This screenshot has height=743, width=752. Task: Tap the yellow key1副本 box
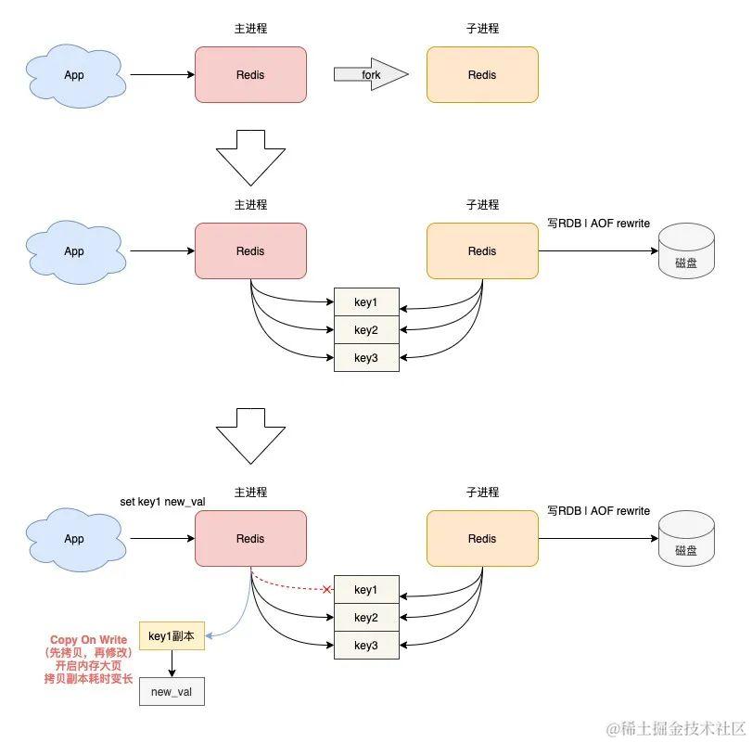[x=172, y=635]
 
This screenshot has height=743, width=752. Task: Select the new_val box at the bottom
[x=172, y=692]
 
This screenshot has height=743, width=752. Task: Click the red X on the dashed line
[x=327, y=589]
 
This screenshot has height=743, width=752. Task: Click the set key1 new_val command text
[x=162, y=502]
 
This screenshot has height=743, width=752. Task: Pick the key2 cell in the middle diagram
[x=366, y=330]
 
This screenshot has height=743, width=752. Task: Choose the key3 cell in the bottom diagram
[x=366, y=646]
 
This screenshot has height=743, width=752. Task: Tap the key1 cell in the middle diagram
[x=366, y=302]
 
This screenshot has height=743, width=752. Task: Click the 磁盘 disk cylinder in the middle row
[x=686, y=252]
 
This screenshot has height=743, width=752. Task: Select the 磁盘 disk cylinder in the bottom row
[x=686, y=540]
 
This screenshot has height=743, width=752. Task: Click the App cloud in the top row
[x=74, y=74]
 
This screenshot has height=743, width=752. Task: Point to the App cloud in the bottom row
[x=74, y=538]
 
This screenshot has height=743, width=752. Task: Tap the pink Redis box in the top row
[x=250, y=74]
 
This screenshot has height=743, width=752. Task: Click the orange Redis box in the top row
[x=482, y=74]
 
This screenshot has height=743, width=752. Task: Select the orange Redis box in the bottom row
[x=482, y=538]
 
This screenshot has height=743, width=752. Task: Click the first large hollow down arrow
[x=250, y=158]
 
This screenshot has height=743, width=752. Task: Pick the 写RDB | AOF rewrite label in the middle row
[x=598, y=224]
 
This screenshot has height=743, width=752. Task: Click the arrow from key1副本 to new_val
[x=172, y=664]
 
